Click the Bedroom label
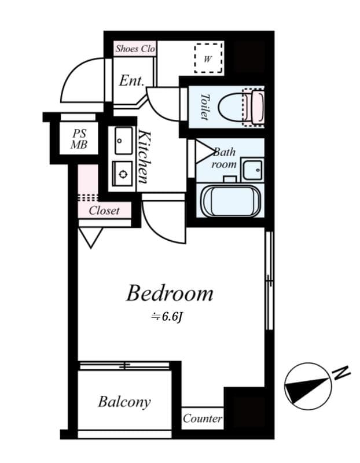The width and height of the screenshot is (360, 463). click(x=170, y=293)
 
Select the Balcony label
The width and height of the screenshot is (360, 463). click(x=124, y=402)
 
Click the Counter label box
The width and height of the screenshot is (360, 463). click(x=203, y=418)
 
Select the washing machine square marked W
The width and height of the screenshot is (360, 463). click(x=208, y=57)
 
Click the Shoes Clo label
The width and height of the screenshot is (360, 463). click(x=135, y=49)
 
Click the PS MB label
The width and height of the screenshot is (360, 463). click(x=79, y=139)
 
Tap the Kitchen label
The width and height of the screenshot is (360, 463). click(x=145, y=156)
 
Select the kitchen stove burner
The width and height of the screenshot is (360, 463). click(x=123, y=172)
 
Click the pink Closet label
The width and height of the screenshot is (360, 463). click(x=104, y=211)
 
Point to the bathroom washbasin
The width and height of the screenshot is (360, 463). click(x=252, y=170)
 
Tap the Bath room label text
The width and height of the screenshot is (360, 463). click(x=224, y=158)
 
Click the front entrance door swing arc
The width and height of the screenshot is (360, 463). click(x=81, y=81)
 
